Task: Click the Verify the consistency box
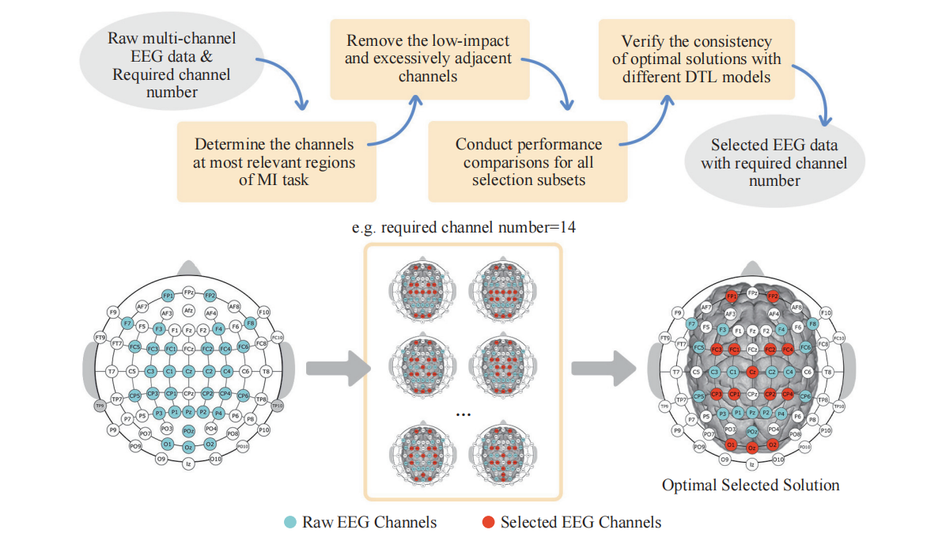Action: coord(696,59)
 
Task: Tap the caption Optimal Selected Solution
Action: coord(751,484)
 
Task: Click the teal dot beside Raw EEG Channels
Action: coord(291,522)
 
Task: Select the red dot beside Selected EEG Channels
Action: coord(488,522)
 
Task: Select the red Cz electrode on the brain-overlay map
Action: coord(752,371)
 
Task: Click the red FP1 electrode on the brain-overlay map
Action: coord(732,297)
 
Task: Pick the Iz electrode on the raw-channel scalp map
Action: coord(188,464)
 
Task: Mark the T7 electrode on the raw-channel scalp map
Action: coord(112,370)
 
